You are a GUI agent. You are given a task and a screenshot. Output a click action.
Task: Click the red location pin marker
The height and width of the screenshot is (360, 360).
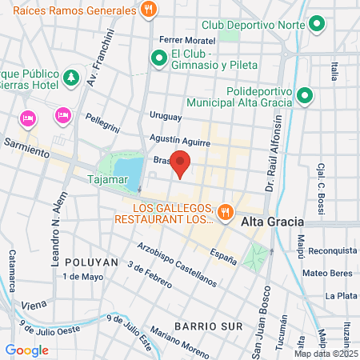point(181,162)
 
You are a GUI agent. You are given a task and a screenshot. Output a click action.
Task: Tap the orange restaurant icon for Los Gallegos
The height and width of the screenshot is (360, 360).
point(226,212)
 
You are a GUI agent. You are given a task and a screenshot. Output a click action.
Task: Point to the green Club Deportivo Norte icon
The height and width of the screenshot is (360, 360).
point(317,24)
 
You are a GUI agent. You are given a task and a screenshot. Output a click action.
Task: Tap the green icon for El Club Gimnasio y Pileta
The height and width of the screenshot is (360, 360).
point(158,58)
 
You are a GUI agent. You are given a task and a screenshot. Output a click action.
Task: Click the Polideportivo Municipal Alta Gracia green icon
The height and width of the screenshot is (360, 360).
point(304,97)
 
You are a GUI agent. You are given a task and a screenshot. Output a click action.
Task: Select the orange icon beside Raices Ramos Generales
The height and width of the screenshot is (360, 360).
point(148,10)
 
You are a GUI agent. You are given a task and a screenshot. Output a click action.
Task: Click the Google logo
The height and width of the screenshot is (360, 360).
point(26,350)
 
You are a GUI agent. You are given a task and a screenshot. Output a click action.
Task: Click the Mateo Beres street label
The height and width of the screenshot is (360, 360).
point(327,273)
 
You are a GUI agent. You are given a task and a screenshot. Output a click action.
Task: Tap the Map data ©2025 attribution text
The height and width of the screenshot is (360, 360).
point(326,354)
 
